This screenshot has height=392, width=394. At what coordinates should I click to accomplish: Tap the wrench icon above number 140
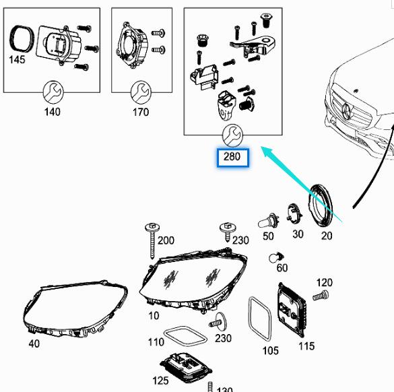[x=51, y=90]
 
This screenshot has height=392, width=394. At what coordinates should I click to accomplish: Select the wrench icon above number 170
[x=140, y=90]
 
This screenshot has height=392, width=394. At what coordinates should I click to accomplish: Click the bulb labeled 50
[x=267, y=221]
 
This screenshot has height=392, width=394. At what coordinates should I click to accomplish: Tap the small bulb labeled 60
[x=274, y=257]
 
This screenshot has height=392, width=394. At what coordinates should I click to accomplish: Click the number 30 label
[x=297, y=235]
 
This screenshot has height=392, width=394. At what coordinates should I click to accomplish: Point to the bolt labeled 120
[x=320, y=296]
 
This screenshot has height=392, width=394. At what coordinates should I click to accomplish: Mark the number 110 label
[x=156, y=342]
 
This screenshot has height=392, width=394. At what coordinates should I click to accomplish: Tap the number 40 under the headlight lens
[x=34, y=344]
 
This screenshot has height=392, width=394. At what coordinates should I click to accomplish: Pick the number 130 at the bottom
[x=225, y=389]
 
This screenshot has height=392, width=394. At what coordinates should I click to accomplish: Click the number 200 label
[x=166, y=240]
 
